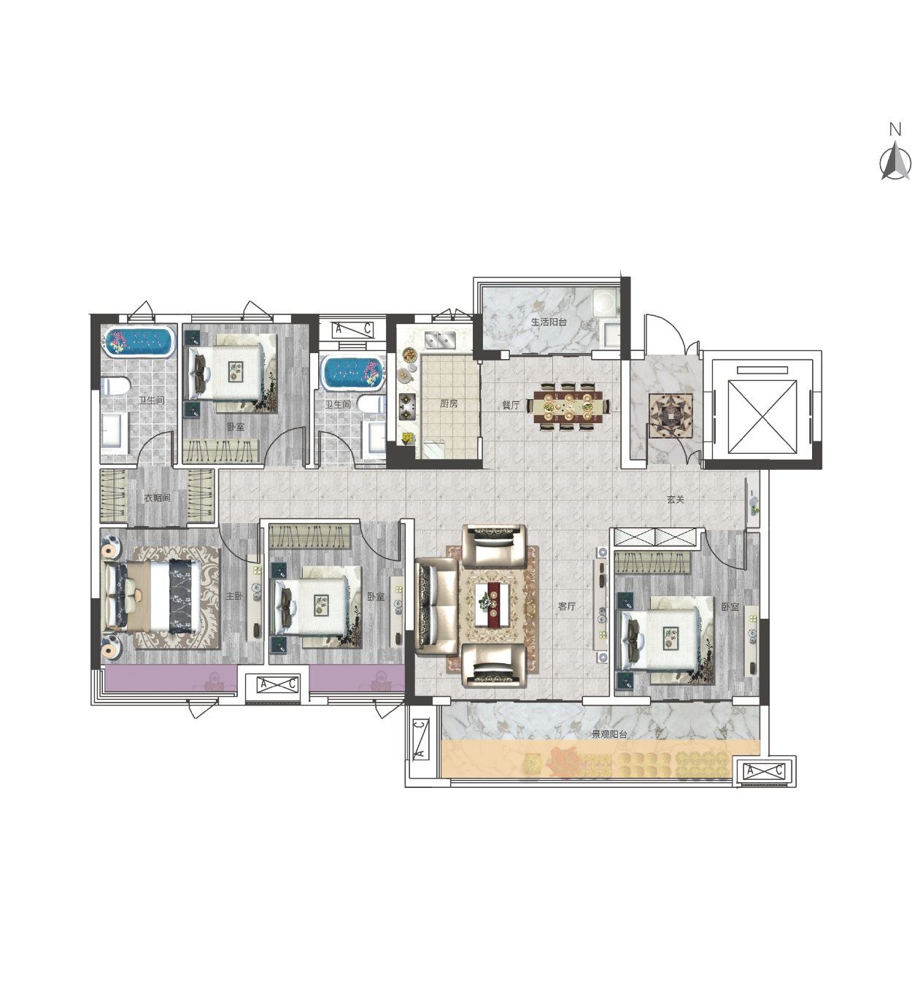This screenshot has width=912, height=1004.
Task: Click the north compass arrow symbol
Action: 895,161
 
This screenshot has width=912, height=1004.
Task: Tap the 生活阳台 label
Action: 549,322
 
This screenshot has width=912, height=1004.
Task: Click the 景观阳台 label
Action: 609,734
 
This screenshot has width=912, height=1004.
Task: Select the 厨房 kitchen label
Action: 449,403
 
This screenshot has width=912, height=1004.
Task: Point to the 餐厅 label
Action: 511,405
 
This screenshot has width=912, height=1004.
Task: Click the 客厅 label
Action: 567,606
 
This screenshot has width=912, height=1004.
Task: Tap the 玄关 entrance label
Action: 675,500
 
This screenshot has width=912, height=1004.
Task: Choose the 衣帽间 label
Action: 157,498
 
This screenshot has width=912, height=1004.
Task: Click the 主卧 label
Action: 234,596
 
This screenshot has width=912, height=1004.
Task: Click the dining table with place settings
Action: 570,406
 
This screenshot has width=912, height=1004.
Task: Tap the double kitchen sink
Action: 440,340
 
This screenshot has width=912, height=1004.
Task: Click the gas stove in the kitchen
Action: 407,406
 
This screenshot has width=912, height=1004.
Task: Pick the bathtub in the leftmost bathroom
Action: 139,341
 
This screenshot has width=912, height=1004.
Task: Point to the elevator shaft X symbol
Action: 762,417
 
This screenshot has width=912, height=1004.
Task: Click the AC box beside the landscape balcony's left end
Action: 420,738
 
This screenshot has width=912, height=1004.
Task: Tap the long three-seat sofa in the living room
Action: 436,606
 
